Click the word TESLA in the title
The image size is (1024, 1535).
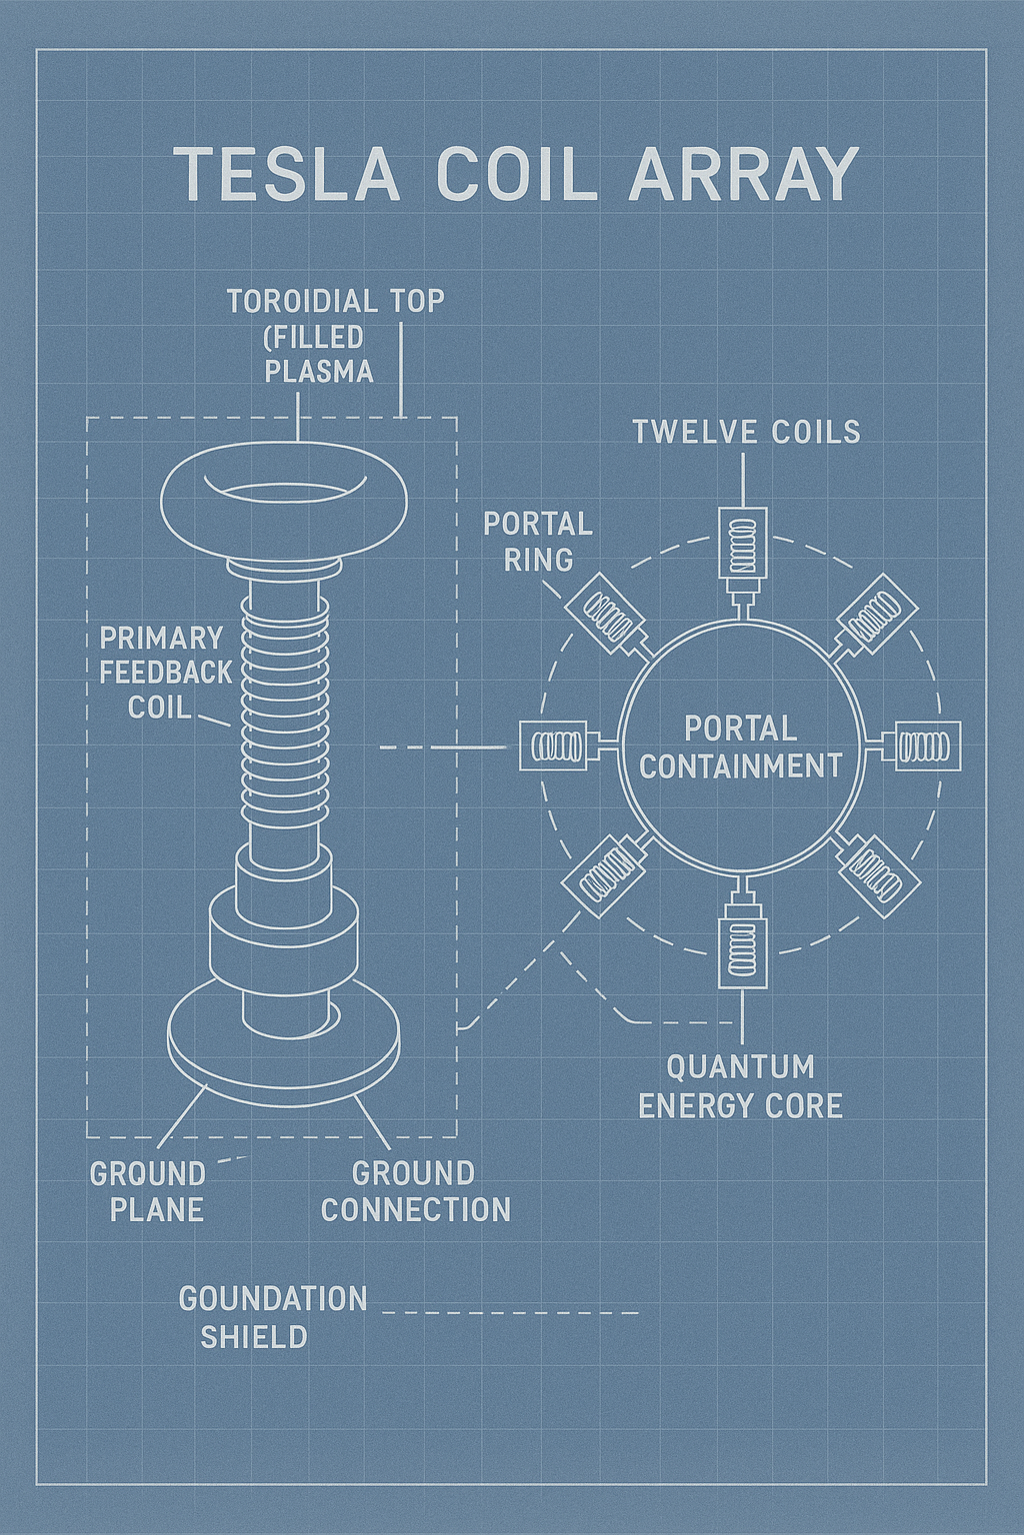[287, 175]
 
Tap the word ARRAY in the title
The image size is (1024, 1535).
[744, 175]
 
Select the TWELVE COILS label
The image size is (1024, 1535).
[746, 432]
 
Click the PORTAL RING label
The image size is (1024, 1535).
[538, 542]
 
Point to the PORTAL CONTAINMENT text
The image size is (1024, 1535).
[740, 747]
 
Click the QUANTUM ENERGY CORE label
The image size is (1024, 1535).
[740, 1086]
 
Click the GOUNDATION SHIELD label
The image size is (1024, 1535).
[272, 1317]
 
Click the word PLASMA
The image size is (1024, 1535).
[319, 372]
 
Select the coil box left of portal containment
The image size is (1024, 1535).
[553, 746]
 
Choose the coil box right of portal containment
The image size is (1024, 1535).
[928, 746]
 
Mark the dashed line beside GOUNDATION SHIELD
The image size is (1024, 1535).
[510, 1312]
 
